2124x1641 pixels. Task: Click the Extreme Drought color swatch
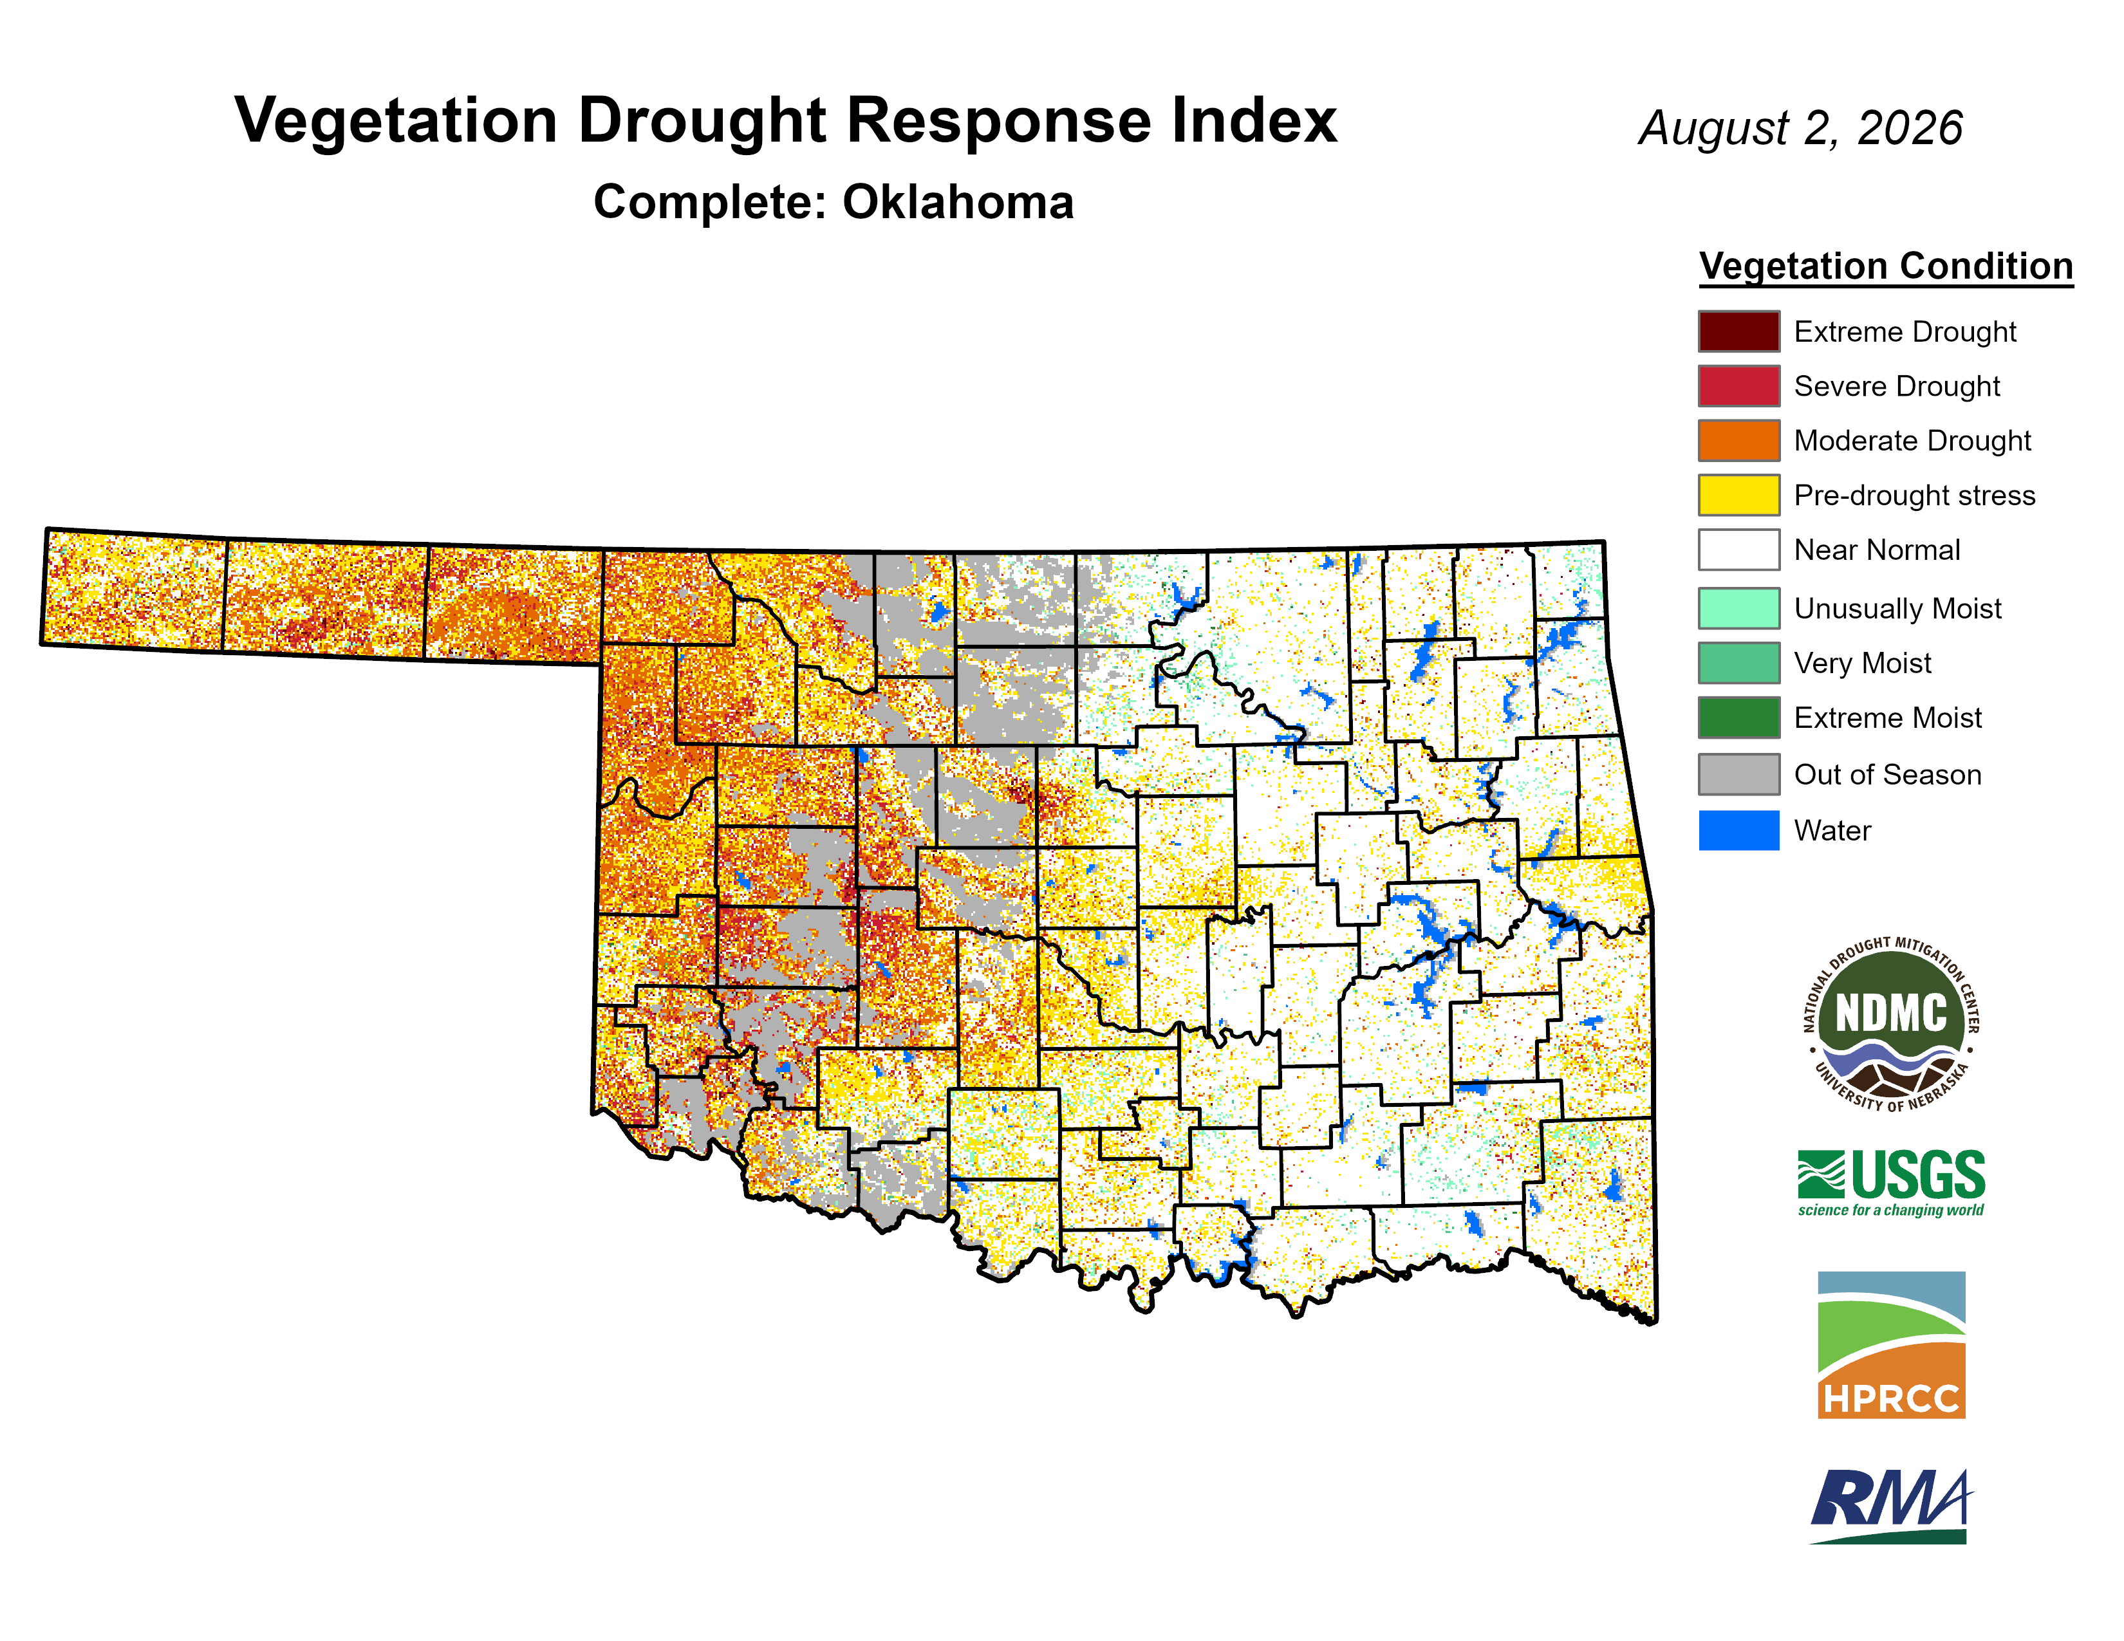point(1739,331)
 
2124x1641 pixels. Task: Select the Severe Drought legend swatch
point(1739,386)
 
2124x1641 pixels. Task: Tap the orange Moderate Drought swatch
point(1739,440)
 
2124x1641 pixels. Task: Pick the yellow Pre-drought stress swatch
point(1739,495)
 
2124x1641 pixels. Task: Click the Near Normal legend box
point(1739,550)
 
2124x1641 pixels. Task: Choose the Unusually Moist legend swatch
point(1739,609)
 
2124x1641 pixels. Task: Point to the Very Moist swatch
point(1739,663)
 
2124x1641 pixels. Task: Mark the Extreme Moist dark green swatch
point(1739,718)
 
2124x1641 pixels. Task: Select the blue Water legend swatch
point(1739,830)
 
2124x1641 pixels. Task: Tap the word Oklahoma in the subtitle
point(958,202)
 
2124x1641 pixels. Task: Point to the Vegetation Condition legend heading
point(1886,266)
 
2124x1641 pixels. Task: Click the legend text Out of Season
point(1888,775)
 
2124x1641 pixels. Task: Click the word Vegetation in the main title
point(396,122)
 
